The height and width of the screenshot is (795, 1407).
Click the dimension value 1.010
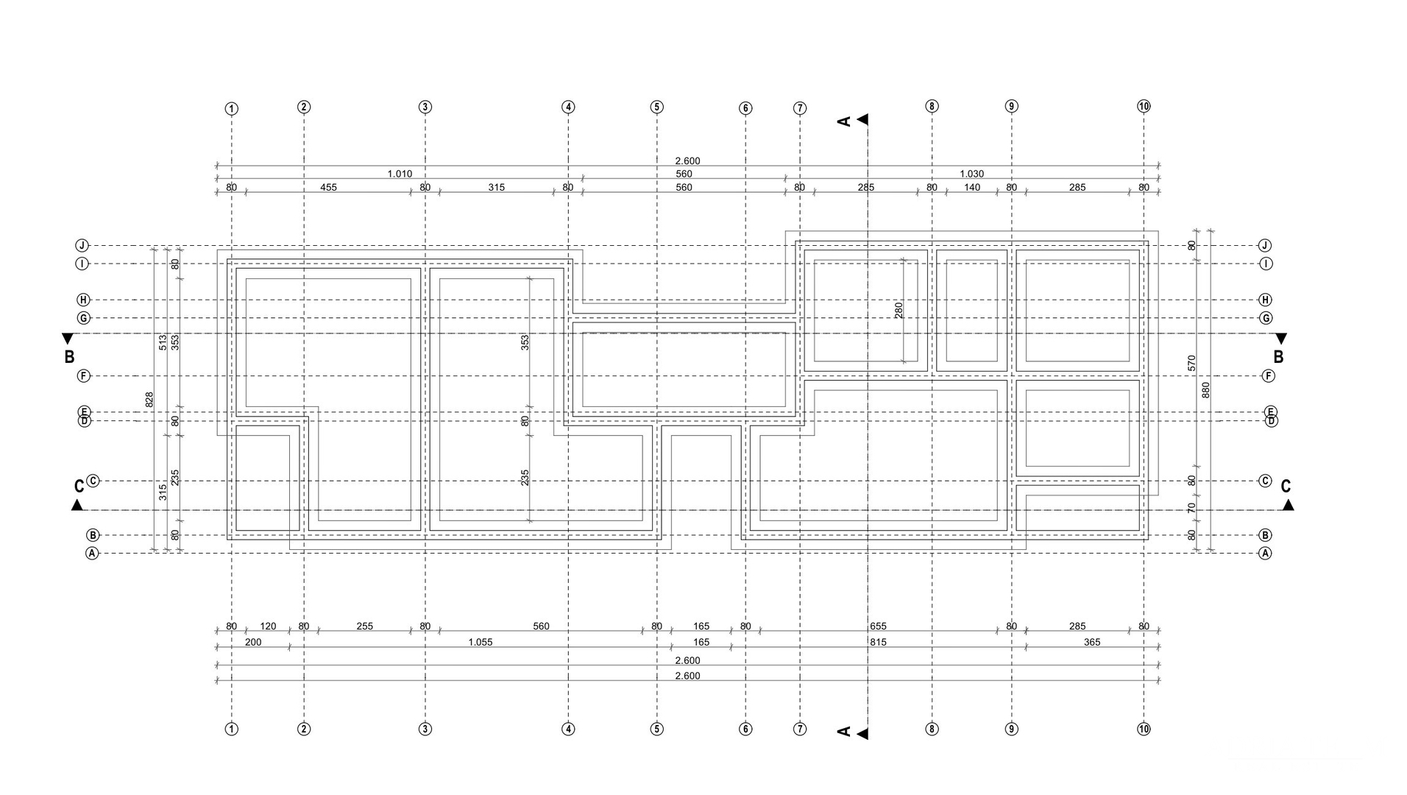pos(400,174)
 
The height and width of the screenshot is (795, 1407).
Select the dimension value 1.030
pos(971,174)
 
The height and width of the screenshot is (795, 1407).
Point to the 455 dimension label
pos(328,188)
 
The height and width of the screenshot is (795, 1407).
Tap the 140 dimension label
pos(972,188)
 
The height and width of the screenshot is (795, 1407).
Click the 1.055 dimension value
pos(480,643)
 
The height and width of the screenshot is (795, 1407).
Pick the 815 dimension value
pos(878,643)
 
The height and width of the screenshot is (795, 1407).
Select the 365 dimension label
pos(1092,643)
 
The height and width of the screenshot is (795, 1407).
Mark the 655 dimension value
pos(878,626)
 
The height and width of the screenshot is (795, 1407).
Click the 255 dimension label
pos(364,626)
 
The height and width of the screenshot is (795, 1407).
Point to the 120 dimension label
pos(268,626)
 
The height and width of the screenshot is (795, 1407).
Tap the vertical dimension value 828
pos(149,399)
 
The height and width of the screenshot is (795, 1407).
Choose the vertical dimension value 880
pos(1205,389)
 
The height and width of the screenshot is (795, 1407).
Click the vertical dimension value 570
pos(1191,362)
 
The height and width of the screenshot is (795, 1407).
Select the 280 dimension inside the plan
pos(899,310)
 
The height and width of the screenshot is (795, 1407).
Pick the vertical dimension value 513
pos(163,342)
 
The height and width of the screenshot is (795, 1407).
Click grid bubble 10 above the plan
pos(1144,107)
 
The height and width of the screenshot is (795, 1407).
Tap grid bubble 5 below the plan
pos(657,729)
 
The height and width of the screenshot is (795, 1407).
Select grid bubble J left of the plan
pos(82,246)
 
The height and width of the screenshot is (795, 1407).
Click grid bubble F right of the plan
pos(1269,376)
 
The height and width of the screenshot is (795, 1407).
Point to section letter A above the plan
pos(844,121)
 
